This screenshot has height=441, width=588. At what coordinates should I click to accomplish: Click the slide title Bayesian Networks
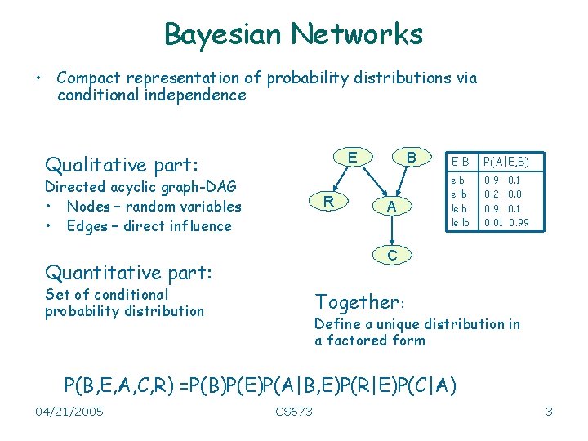point(293,34)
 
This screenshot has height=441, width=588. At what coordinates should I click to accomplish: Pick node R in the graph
point(327,201)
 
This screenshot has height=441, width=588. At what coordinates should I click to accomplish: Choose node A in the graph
point(392,207)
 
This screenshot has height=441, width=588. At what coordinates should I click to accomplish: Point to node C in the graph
point(392,256)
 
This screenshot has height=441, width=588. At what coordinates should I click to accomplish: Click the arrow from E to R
point(339,178)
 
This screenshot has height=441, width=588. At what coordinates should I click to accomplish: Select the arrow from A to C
point(392,232)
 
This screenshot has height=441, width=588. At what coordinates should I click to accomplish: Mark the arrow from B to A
point(402,181)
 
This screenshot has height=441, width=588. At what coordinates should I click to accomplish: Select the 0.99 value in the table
point(519,222)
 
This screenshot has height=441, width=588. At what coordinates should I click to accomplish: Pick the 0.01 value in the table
point(493,222)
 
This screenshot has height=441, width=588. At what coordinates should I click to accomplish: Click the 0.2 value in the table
point(492,194)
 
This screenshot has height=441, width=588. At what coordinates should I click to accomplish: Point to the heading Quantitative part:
point(129,271)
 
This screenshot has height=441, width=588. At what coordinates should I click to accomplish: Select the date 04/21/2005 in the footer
point(69,412)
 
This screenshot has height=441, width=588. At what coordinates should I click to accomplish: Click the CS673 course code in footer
point(294,412)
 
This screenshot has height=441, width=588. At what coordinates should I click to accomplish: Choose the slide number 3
point(549,412)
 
